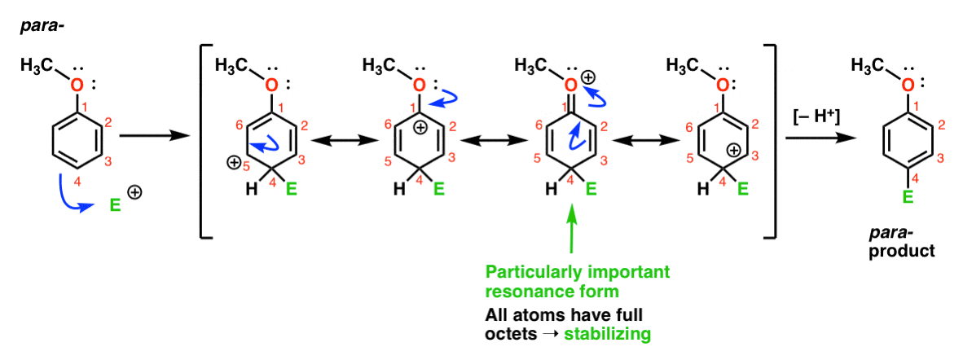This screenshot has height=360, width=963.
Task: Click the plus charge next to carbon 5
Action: point(232,164)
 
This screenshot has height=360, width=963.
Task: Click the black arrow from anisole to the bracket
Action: point(153,135)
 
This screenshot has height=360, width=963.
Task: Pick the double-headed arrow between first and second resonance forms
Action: point(345,141)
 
